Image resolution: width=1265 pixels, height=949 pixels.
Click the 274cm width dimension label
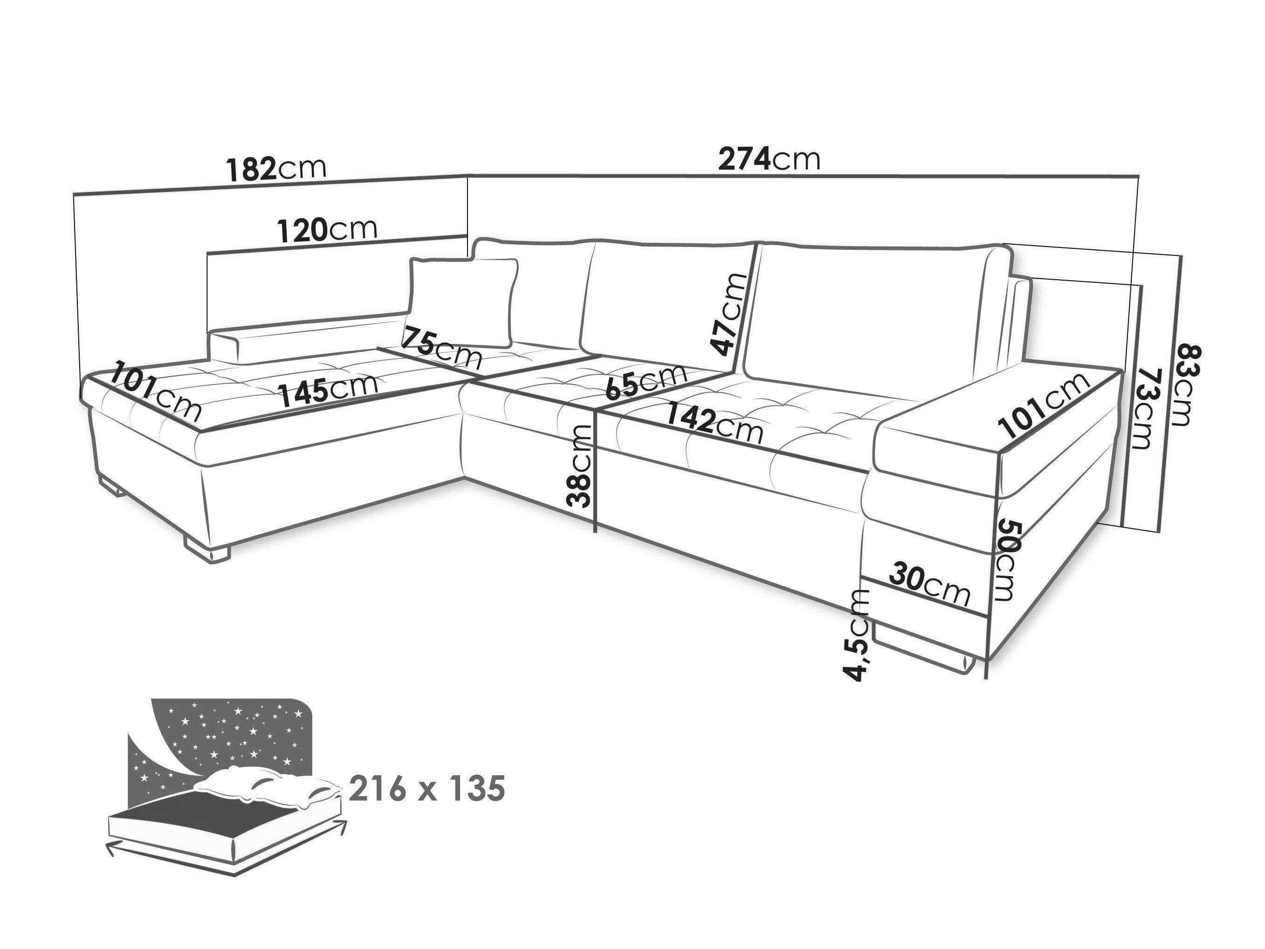pos(769,159)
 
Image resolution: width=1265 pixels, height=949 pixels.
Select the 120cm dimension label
pos(327,229)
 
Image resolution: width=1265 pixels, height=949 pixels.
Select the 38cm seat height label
pos(579,466)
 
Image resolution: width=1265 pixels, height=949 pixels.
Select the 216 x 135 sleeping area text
pos(426,789)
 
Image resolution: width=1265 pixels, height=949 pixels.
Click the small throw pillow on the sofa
pos(464,302)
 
